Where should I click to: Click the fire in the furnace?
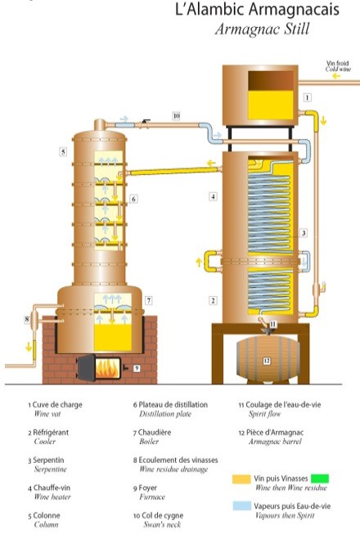[108, 369]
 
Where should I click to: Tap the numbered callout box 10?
[177, 115]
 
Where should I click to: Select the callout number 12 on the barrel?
[267, 361]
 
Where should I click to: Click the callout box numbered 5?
[63, 151]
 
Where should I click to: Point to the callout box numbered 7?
[148, 300]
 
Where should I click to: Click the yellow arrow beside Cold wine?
[336, 76]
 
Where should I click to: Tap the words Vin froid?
[337, 63]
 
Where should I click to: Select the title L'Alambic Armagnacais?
[257, 10]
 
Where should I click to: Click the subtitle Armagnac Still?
[262, 29]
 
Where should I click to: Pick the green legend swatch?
[320, 478]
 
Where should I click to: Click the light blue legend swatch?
[242, 505]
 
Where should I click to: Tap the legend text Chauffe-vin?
[52, 488]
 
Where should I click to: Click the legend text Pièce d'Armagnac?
[275, 433]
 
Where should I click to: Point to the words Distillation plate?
[165, 414]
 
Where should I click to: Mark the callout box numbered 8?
[27, 319]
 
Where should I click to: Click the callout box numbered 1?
[307, 97]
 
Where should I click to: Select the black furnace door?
[86, 368]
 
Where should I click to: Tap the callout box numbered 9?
[137, 368]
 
